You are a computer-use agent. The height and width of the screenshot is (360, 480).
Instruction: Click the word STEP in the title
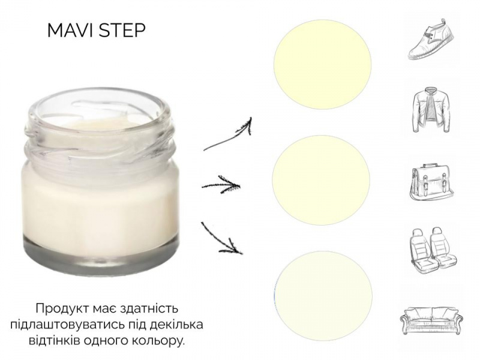[122, 31]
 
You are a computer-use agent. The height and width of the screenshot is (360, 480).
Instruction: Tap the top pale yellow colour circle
[322, 65]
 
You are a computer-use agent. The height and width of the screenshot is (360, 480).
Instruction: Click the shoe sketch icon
[431, 39]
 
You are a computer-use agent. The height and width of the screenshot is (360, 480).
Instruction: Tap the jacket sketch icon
[431, 110]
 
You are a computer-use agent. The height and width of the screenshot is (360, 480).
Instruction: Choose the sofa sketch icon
[432, 320]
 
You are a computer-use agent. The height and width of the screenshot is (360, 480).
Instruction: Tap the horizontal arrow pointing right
[221, 185]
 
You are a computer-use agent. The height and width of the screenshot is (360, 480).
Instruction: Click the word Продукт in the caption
[61, 308]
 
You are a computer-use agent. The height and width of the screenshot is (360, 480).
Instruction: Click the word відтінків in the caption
[55, 340]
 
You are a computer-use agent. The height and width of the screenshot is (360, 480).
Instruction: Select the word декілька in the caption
[176, 325]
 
